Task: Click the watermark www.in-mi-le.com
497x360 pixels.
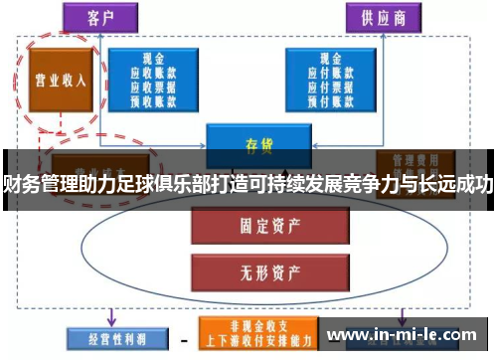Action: point(408,334)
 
